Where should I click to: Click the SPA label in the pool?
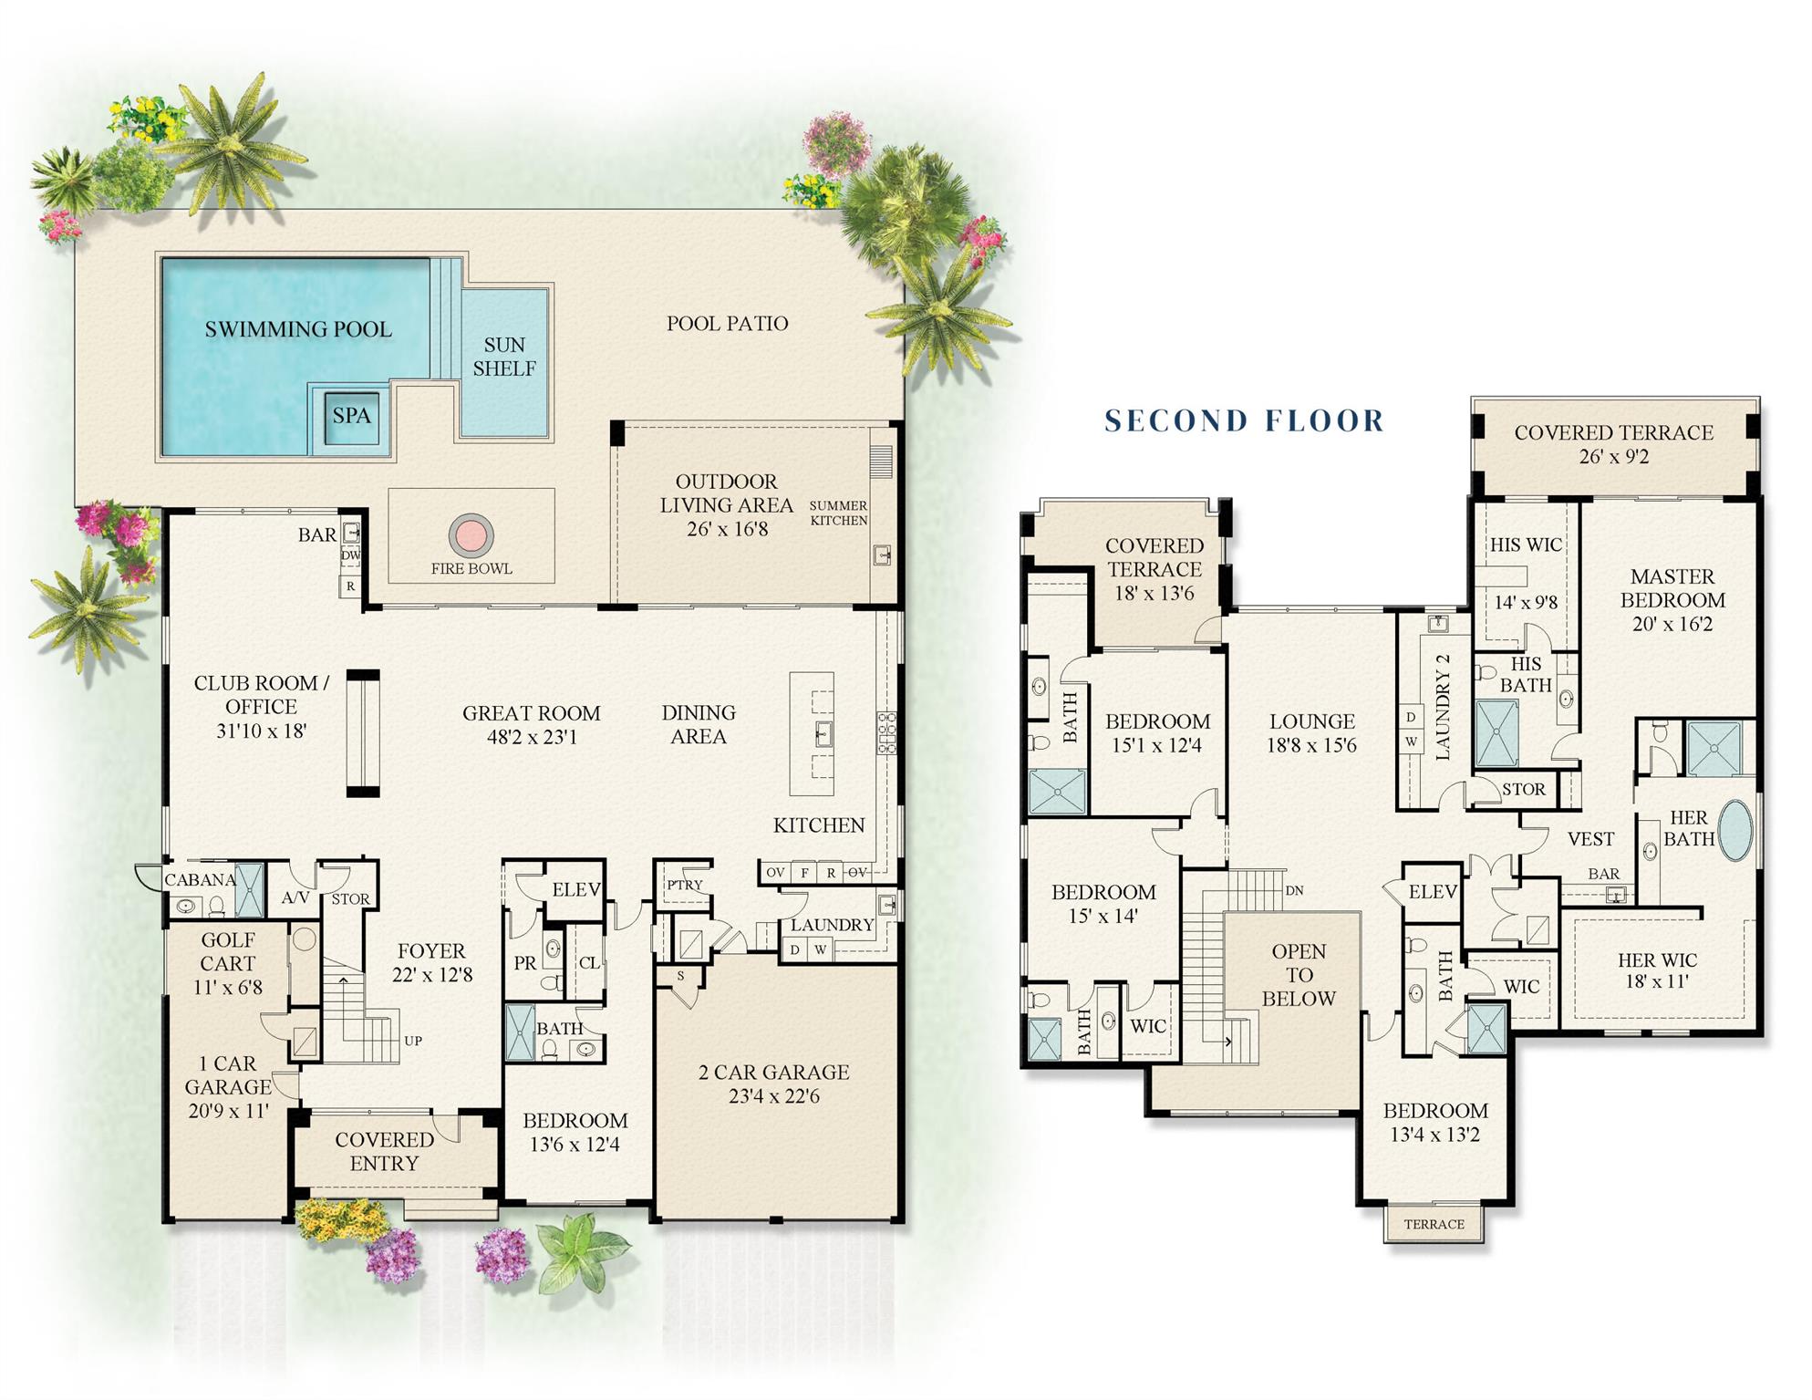351,416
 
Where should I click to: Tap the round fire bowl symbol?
471,535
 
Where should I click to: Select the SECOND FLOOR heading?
1244,420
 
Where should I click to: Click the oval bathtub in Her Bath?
1735,831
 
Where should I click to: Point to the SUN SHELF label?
504,357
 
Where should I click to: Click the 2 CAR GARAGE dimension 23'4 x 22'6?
773,1096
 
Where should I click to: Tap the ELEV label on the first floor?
576,889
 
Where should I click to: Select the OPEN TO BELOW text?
1299,975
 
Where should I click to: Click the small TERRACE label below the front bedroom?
1434,1224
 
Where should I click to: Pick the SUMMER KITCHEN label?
838,513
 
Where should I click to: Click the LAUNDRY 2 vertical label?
1443,707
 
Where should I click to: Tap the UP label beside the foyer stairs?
413,1041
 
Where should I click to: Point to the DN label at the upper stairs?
1294,890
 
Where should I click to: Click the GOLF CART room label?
228,951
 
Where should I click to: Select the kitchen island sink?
823,733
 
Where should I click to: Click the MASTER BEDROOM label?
1672,588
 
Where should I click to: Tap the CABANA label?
200,879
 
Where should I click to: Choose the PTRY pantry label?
684,885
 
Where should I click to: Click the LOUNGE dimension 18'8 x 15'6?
1311,745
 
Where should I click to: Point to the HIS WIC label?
1525,544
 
